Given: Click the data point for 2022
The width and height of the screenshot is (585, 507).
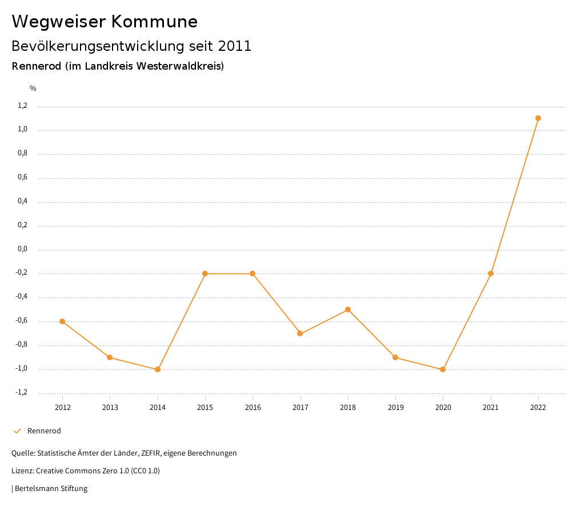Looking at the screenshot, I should (538, 118).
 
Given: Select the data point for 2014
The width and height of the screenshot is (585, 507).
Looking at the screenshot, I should (158, 369).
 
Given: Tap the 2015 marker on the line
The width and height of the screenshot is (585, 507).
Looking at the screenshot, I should (205, 273).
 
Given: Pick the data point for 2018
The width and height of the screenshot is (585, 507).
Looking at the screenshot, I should (348, 309).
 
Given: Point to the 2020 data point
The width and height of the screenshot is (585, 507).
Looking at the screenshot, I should (443, 369).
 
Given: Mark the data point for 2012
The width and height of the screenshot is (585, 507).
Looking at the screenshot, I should (62, 321).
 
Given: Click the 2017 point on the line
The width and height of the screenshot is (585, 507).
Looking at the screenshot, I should (300, 333).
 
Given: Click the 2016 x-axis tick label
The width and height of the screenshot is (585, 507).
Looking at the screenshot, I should (253, 407).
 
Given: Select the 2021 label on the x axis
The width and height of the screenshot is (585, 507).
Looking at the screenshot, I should (491, 407).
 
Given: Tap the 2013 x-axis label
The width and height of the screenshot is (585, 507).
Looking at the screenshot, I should (110, 407).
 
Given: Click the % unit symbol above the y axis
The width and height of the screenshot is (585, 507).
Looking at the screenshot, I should (33, 88).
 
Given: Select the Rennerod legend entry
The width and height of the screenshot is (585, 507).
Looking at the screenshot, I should (43, 431).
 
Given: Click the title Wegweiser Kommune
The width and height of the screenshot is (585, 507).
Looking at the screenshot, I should (105, 22).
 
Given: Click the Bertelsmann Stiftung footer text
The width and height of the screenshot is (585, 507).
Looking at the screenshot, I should (51, 489).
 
